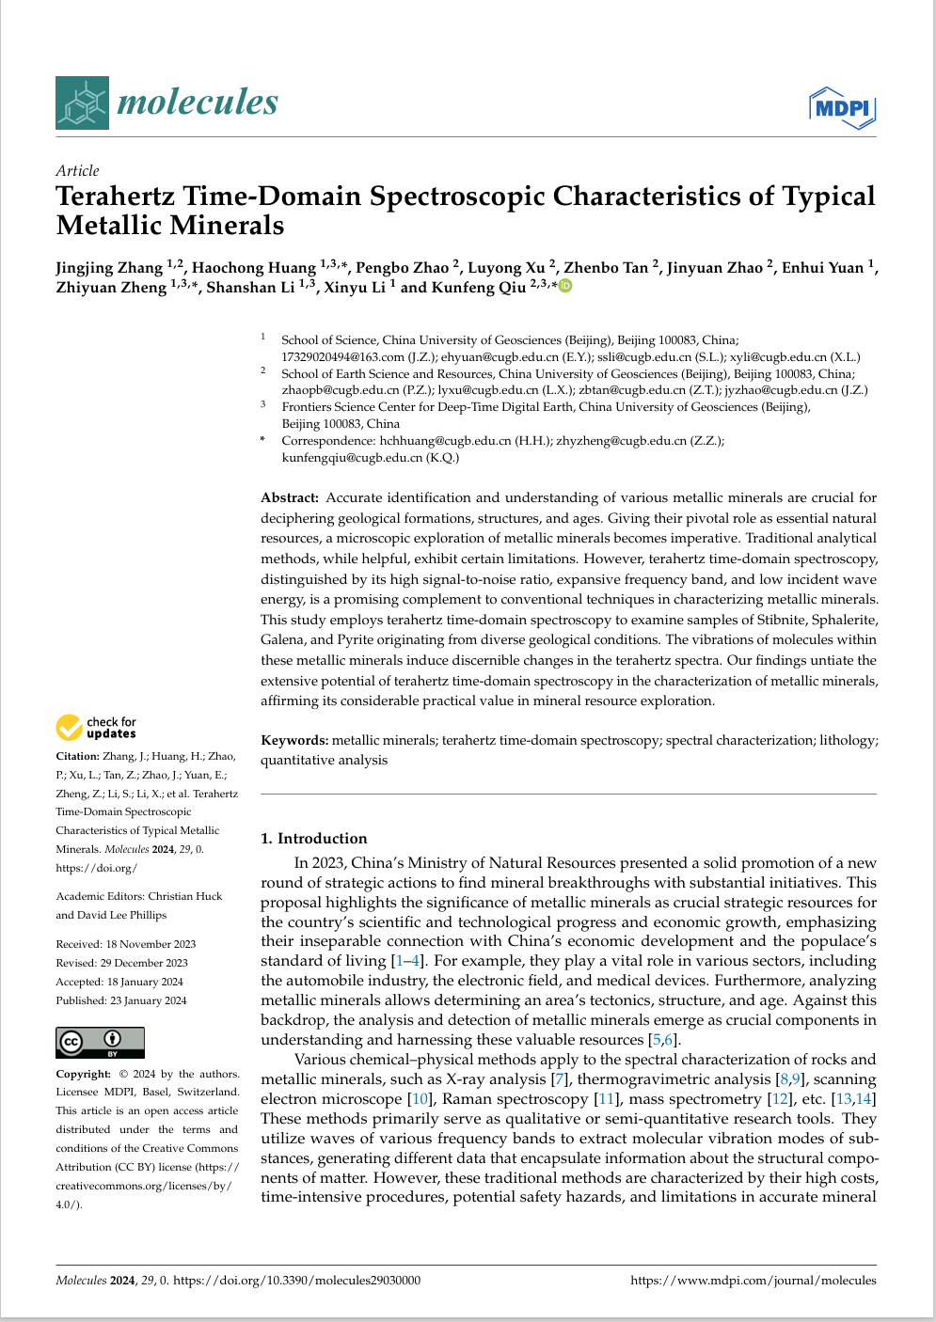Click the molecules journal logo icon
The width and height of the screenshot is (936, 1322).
83,102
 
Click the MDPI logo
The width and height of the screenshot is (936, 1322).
842,108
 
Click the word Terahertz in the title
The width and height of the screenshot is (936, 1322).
114,197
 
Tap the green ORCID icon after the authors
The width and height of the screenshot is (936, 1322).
565,286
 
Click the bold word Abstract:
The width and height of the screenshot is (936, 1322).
290,498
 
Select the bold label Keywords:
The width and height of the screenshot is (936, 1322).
294,741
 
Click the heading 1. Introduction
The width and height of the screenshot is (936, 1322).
313,839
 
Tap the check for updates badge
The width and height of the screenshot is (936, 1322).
96,728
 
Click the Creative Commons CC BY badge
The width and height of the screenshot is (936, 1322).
100,1042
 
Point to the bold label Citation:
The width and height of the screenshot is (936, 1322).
77,756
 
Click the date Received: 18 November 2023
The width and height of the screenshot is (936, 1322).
125,944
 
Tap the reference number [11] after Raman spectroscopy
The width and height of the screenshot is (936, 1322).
607,1099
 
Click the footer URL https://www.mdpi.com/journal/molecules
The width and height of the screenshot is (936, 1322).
753,1281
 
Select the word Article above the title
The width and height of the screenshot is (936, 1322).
77,171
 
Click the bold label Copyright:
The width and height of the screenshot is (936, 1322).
83,1074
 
